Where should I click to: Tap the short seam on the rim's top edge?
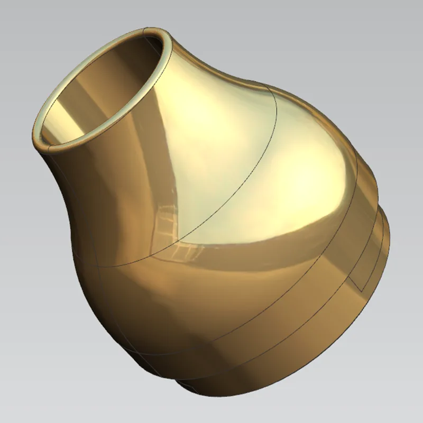click(x=145, y=33)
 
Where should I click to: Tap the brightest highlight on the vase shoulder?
click(x=296, y=174)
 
